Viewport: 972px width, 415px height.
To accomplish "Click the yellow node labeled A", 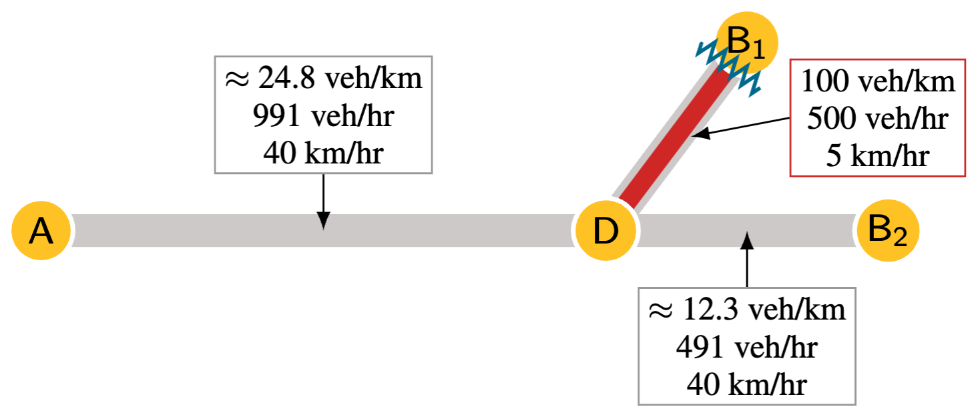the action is (41, 231).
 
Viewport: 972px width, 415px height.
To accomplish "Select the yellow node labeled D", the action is (605, 231).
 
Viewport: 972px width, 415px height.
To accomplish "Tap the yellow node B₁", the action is (746, 43).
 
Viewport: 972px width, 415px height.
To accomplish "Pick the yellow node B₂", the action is (888, 231).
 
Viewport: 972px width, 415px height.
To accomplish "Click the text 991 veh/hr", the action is (323, 116).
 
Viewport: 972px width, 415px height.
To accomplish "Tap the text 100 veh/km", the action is (878, 82).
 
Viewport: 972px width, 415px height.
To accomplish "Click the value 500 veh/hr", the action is (878, 119).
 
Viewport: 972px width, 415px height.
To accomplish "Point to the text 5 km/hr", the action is (878, 155).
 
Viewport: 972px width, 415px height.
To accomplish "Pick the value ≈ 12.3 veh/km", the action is (746, 310).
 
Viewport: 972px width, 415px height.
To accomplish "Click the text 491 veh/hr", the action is (746, 346).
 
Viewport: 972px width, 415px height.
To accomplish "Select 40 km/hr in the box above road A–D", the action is (323, 153).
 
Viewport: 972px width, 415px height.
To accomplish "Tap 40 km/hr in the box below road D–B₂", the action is (746, 384).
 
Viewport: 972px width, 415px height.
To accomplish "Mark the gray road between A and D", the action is (200, 231).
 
